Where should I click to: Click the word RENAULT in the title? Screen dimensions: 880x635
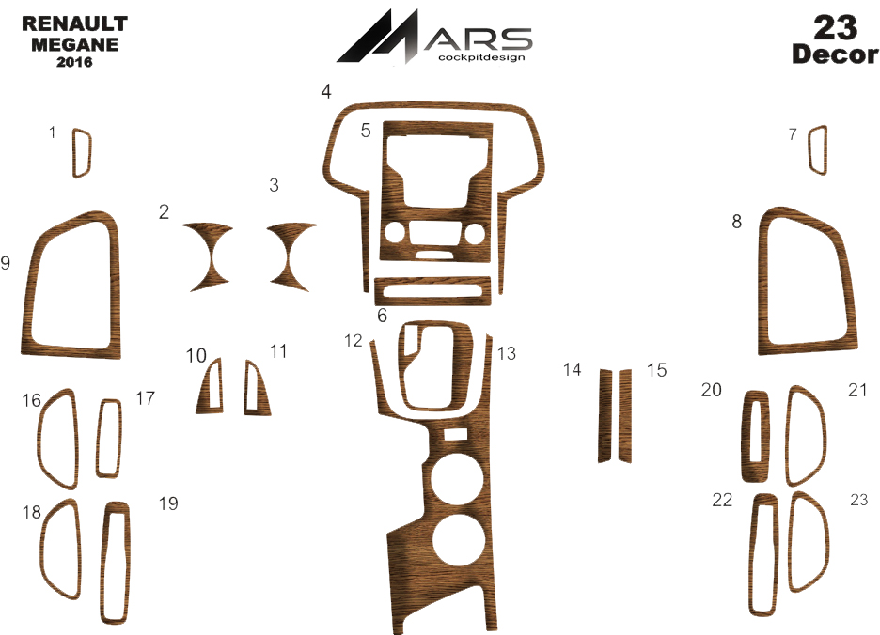click(74, 24)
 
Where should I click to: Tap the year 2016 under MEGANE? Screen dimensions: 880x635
click(74, 62)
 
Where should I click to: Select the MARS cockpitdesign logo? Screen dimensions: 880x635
click(434, 37)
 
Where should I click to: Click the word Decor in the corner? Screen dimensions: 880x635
click(835, 54)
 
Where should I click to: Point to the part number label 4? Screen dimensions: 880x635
click(326, 91)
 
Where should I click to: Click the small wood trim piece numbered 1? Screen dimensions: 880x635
click(82, 153)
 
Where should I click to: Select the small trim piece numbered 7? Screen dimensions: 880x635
click(818, 149)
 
